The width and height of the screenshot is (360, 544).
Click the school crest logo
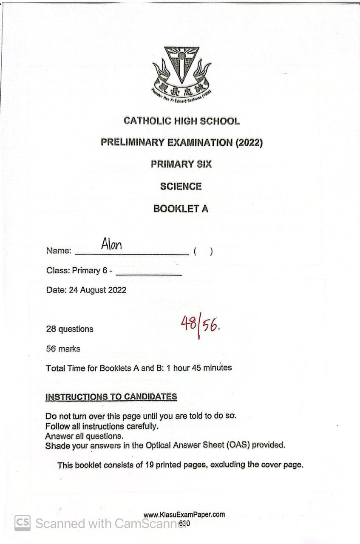(x=181, y=72)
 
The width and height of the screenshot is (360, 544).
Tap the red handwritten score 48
(x=188, y=324)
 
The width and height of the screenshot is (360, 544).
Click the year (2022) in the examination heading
(x=249, y=142)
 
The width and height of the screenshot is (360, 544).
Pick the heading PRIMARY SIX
(x=181, y=164)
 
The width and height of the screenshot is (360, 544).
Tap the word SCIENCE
(x=181, y=186)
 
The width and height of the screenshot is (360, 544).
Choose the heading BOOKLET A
(x=181, y=209)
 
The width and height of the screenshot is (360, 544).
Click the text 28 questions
(x=70, y=329)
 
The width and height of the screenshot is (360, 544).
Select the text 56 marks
(x=63, y=349)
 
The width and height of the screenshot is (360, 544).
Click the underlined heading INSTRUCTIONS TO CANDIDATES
(x=111, y=397)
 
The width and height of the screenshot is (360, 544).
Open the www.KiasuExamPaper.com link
(x=184, y=515)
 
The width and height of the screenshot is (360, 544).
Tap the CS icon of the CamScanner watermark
(x=23, y=523)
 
